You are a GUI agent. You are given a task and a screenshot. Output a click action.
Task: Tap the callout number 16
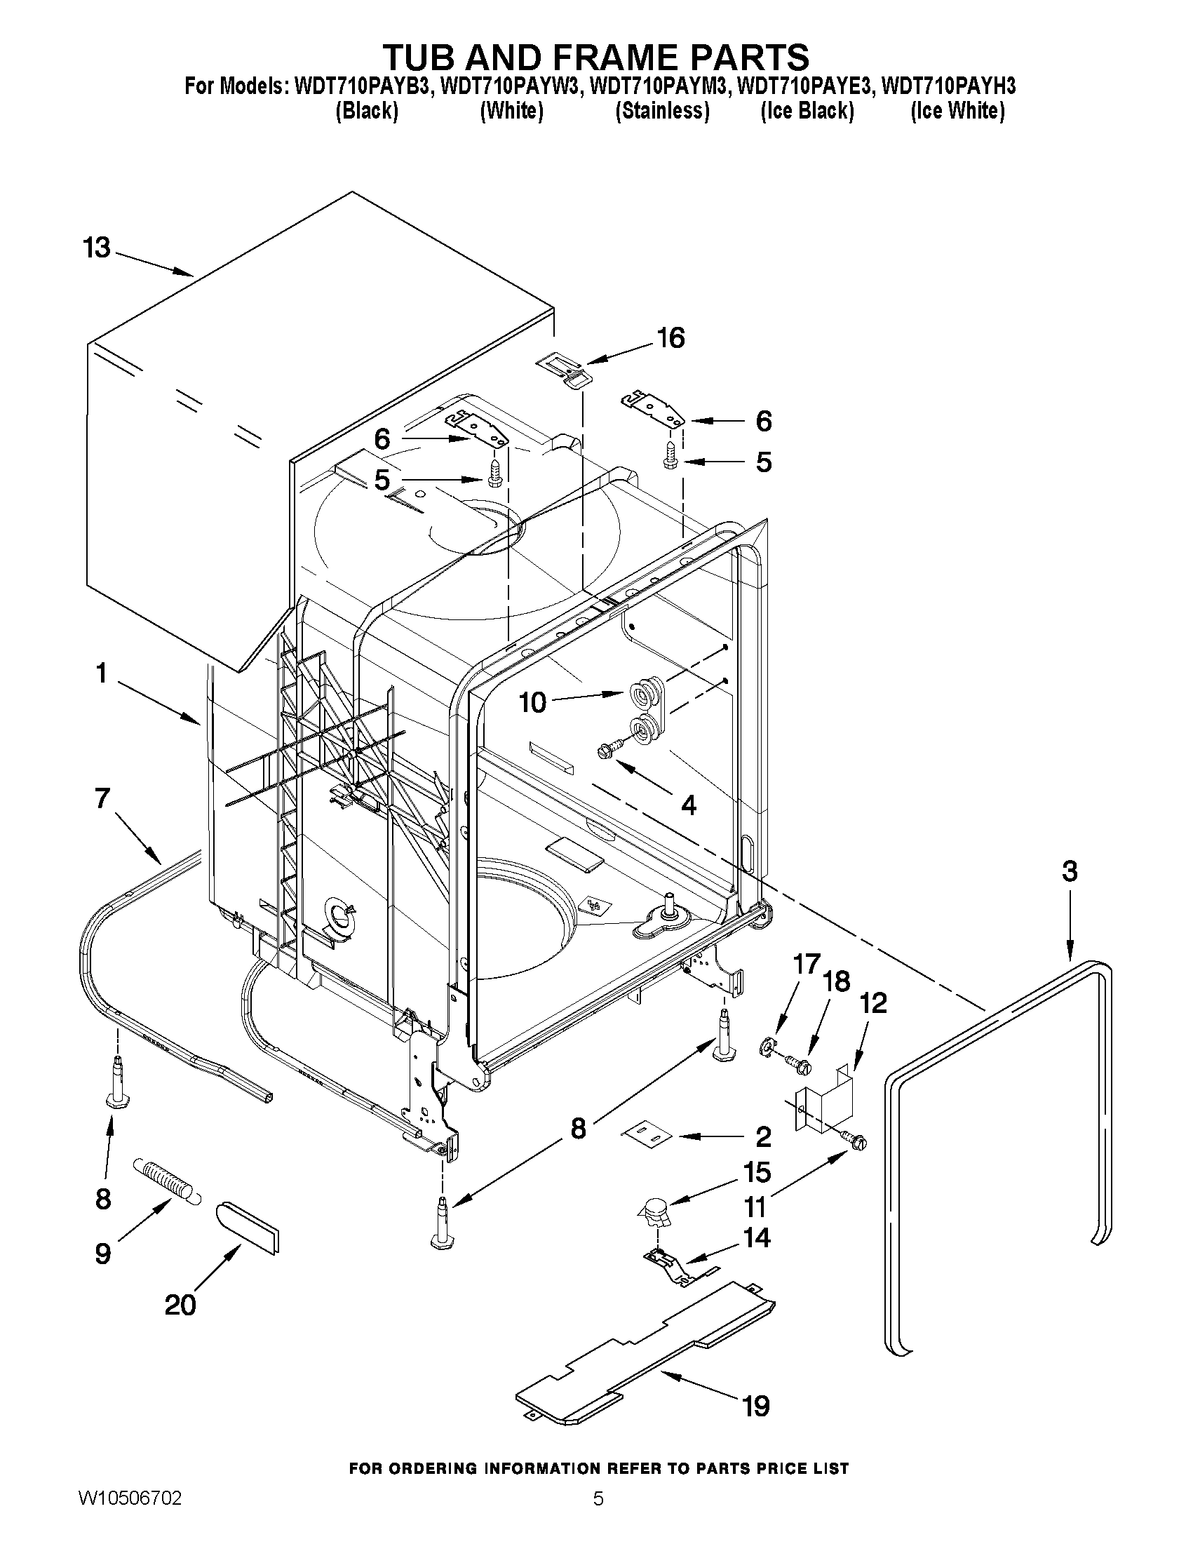670,338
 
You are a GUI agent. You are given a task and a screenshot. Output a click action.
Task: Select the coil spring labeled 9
165,1181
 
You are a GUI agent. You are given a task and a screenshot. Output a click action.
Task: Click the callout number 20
180,1305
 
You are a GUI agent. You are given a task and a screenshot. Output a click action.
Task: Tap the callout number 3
1070,871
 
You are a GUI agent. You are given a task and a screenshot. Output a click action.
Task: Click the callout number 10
533,703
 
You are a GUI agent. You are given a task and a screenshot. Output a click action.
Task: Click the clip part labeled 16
563,372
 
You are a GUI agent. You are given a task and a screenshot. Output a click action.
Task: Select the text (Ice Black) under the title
807,111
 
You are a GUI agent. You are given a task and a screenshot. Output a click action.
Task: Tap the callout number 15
756,1172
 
